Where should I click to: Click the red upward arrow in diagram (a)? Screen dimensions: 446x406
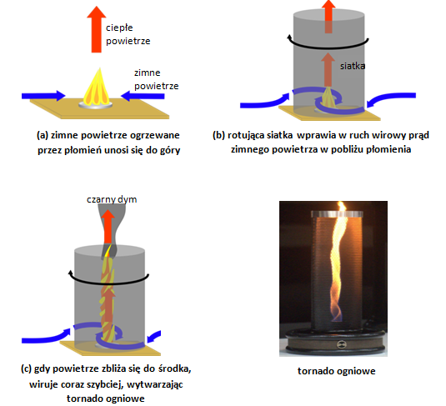[x=97, y=29]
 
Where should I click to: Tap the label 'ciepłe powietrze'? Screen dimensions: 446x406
[x=128, y=34]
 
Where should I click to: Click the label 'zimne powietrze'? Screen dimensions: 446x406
[x=157, y=79]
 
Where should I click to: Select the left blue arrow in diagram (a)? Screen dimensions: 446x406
[x=43, y=96]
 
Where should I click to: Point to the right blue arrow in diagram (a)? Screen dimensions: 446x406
[x=143, y=96]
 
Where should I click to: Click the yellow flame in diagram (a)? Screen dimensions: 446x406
[x=97, y=86]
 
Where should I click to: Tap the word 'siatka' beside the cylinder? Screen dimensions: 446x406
[x=353, y=66]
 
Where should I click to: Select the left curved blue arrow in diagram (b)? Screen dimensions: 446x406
[x=265, y=102]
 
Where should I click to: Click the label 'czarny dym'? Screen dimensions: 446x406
[x=112, y=199]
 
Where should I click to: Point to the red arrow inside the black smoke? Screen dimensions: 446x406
[x=108, y=227]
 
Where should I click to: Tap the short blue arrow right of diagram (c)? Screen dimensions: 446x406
[x=154, y=336]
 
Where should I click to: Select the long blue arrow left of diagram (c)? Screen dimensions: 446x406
[x=46, y=337]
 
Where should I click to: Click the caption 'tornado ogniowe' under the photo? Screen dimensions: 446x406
[x=337, y=371]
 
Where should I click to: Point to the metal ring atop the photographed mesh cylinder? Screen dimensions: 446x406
[x=337, y=214]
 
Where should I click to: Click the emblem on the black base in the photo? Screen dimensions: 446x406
[x=341, y=344]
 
